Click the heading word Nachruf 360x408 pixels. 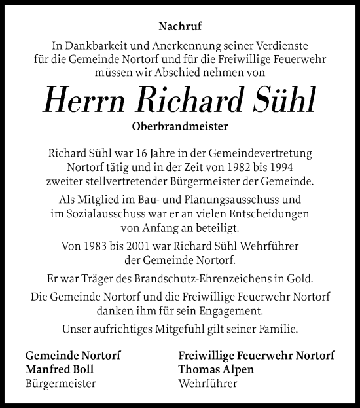pos(179,28)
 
